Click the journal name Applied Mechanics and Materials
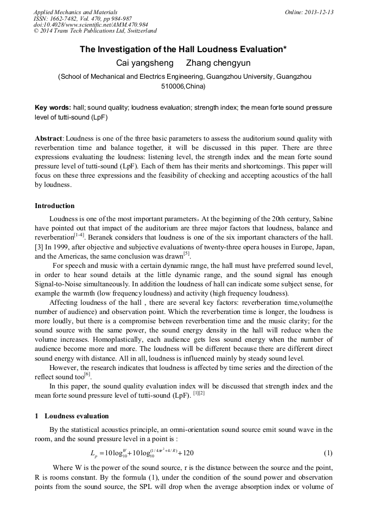click(75, 12)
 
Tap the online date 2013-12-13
click(319, 12)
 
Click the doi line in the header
click(91, 24)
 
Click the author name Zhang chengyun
click(219, 64)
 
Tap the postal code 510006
click(174, 86)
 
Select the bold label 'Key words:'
click(52, 108)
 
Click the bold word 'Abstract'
click(49, 139)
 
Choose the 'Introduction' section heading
click(55, 206)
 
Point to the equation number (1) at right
click(328, 453)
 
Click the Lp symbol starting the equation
click(93, 454)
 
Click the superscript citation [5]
click(186, 253)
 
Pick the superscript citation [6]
click(87, 374)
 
